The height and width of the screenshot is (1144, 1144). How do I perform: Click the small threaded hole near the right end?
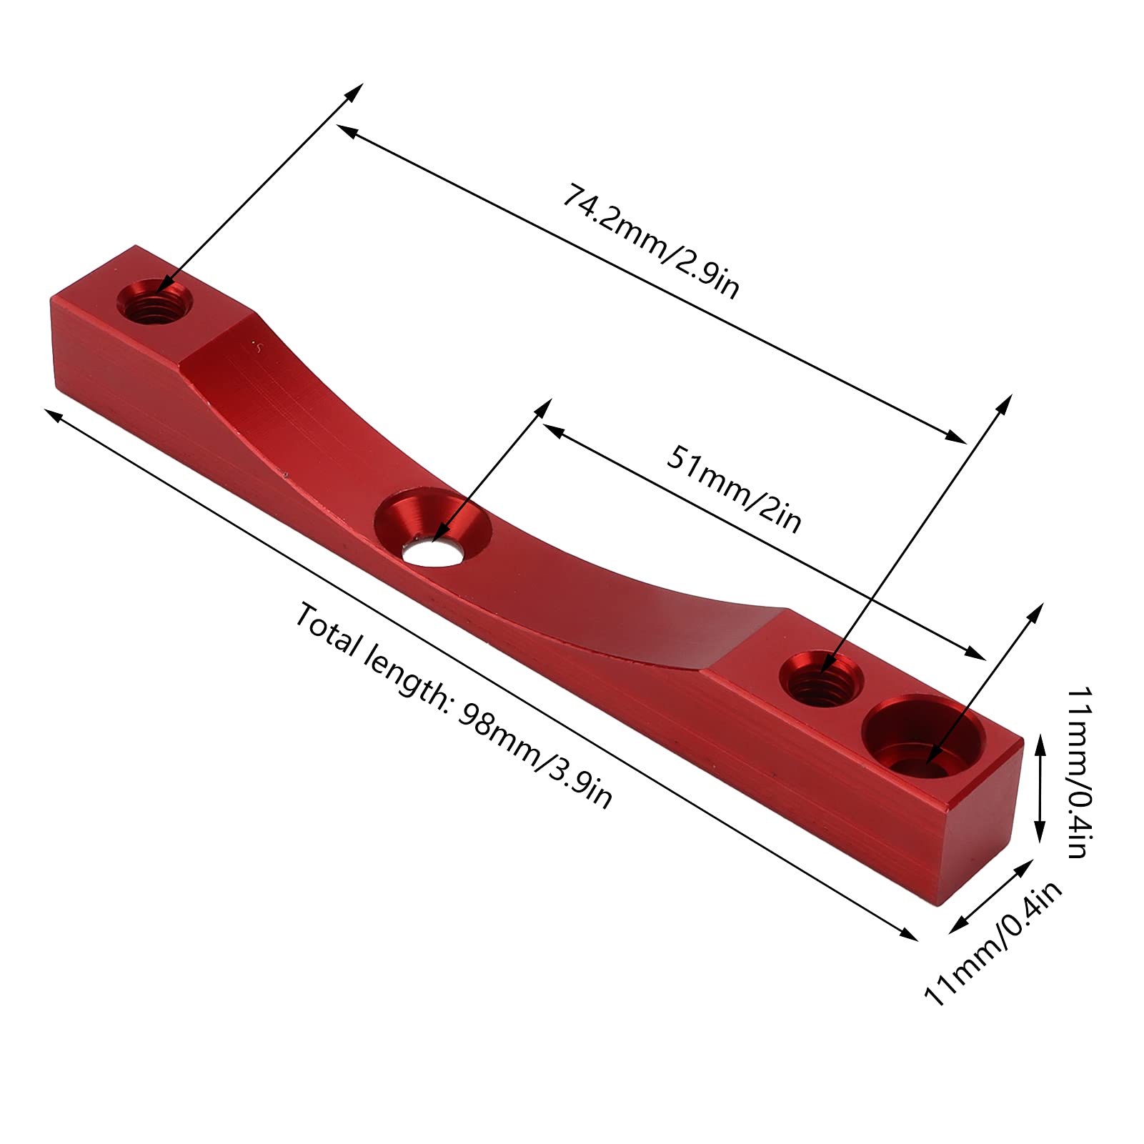[820, 676]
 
